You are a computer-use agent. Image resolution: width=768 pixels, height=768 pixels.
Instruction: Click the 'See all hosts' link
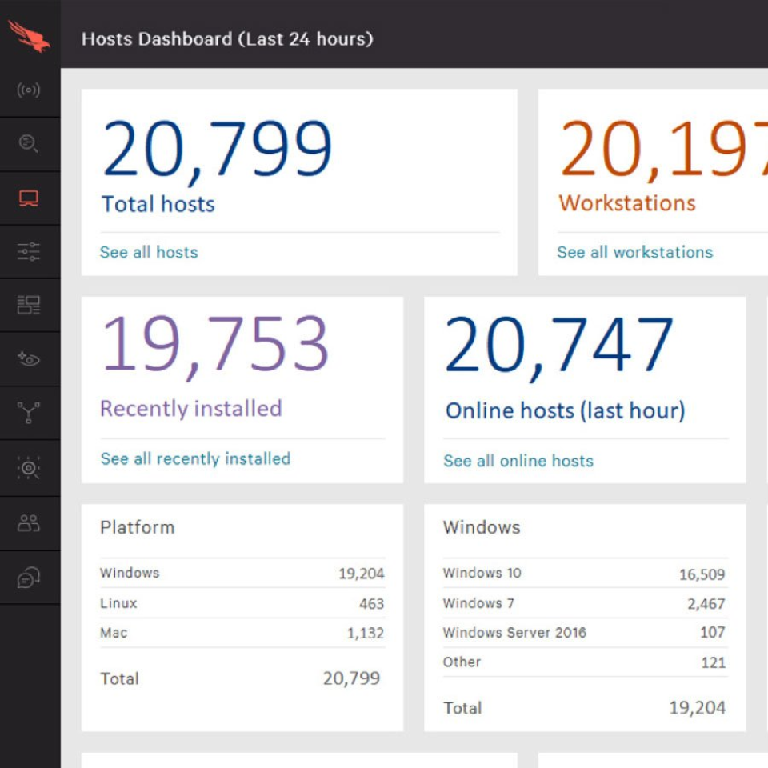(x=149, y=252)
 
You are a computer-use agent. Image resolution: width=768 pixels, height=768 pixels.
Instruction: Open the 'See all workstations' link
(x=634, y=252)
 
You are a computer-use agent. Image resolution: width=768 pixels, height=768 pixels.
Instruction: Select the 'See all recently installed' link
(x=195, y=458)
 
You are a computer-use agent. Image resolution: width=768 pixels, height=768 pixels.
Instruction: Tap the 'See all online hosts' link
(x=518, y=461)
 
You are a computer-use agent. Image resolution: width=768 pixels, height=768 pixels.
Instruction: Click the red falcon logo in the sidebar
(x=29, y=36)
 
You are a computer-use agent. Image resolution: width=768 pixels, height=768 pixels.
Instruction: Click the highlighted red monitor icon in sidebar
(x=29, y=198)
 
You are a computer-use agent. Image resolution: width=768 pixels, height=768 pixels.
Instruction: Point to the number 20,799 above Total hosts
(x=217, y=150)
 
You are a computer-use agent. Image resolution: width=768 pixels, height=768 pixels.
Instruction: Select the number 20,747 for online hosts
(x=558, y=346)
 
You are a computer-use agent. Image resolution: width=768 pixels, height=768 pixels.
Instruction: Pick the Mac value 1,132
(x=365, y=634)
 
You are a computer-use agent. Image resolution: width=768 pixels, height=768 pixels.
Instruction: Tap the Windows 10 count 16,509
(x=702, y=574)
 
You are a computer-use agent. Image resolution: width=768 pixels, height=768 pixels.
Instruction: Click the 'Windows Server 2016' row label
(x=514, y=633)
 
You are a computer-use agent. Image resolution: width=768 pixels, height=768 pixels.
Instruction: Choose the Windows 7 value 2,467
(x=706, y=604)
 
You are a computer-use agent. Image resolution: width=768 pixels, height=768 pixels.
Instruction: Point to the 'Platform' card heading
(x=137, y=527)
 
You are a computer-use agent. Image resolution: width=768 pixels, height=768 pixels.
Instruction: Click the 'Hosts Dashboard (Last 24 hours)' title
(x=227, y=38)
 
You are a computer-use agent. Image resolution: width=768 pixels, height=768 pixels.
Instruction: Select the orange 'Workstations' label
(x=627, y=203)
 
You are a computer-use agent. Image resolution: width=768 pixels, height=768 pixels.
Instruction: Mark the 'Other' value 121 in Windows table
(x=713, y=662)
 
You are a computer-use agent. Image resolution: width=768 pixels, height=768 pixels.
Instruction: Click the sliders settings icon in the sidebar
(x=29, y=252)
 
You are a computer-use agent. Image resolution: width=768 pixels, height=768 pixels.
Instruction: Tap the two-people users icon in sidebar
(x=29, y=523)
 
